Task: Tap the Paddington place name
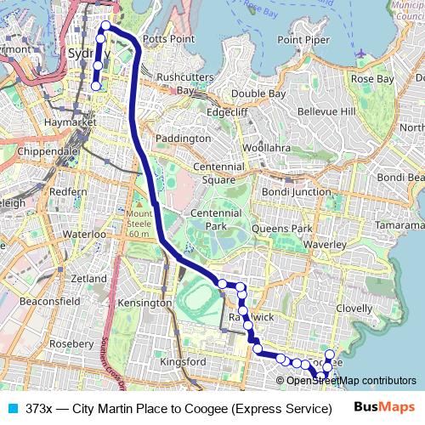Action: (184, 138)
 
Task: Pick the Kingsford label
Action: (184, 361)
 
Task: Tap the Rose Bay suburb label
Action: (373, 79)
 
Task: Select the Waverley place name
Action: (322, 243)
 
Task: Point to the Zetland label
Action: (90, 278)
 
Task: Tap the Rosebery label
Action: (72, 343)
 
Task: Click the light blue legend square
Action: (11, 409)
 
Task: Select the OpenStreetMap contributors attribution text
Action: (351, 381)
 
